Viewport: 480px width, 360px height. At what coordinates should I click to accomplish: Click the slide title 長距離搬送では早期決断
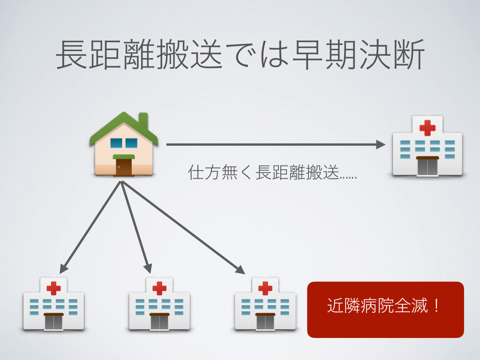tap(240, 55)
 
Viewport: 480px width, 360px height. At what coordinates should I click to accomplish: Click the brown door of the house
tap(124, 166)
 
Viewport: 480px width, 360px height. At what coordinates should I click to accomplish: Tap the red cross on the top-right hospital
tap(427, 127)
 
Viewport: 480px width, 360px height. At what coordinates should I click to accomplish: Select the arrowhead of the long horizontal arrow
tap(380, 145)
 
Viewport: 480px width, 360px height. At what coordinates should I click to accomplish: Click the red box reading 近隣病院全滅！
tap(385, 309)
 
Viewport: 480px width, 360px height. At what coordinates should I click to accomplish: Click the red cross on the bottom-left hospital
tap(53, 287)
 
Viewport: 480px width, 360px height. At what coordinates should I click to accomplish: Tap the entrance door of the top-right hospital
tap(427, 166)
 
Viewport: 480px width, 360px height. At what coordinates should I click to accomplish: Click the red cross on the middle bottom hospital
tap(159, 287)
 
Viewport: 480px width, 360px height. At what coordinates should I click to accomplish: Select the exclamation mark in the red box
tap(436, 307)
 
